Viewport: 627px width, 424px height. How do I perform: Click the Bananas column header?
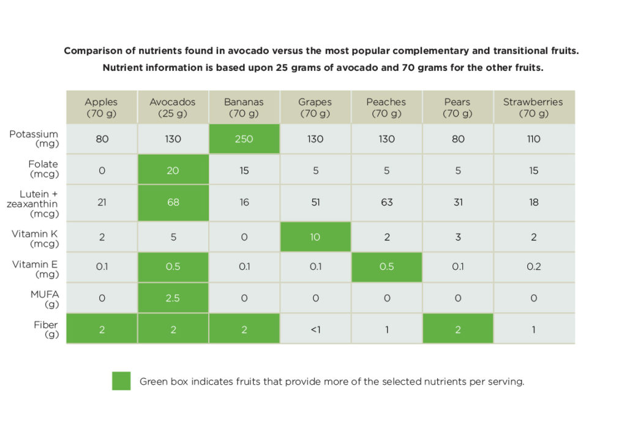click(x=244, y=108)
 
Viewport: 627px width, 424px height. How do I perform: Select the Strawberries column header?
click(x=533, y=108)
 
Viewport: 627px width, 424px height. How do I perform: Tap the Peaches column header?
click(x=386, y=108)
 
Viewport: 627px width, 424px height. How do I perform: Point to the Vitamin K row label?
click(x=36, y=239)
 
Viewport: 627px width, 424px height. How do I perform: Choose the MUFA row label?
click(x=43, y=299)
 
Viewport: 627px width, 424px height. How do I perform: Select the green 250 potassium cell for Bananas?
click(x=244, y=139)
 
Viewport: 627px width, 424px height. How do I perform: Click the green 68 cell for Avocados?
click(x=173, y=203)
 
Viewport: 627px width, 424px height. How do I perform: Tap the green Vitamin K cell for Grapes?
click(x=315, y=237)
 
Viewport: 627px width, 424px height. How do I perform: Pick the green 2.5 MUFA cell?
click(x=173, y=298)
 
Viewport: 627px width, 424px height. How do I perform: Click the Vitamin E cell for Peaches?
click(x=386, y=267)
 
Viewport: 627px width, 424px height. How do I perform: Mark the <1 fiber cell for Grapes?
click(x=315, y=329)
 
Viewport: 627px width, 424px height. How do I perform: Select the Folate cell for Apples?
click(x=102, y=170)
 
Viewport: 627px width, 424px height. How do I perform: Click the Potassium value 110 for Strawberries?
click(x=533, y=139)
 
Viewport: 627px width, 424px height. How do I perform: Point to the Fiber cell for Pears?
click(x=458, y=329)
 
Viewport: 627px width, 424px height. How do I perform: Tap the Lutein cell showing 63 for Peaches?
click(x=386, y=203)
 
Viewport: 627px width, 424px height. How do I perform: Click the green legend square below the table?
click(x=121, y=381)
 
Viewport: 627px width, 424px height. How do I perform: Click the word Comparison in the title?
click(x=92, y=51)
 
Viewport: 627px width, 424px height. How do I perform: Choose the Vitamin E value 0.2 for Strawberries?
click(x=533, y=267)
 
